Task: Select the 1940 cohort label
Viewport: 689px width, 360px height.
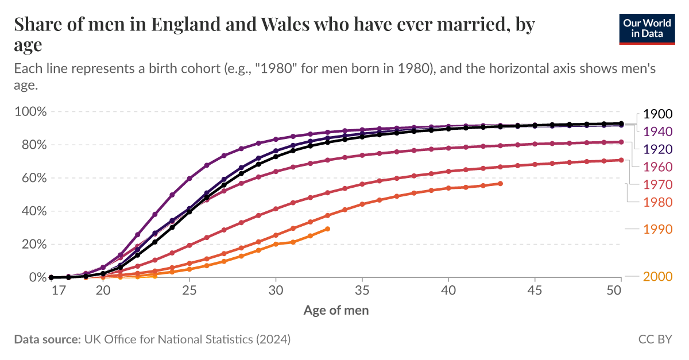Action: [x=657, y=131]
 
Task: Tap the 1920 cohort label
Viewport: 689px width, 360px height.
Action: [x=657, y=149]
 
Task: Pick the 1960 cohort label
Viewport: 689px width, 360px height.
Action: [x=657, y=167]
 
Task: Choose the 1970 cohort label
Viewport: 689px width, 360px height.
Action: [x=657, y=184]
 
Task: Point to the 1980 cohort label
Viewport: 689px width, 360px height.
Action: [x=657, y=202]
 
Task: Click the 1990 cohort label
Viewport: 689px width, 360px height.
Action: [x=657, y=229]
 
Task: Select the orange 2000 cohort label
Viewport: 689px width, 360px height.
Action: [x=657, y=277]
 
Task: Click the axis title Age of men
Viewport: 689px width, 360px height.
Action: [x=336, y=311]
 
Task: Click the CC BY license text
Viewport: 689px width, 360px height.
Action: [x=655, y=339]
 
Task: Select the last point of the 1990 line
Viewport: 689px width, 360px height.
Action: [x=328, y=229]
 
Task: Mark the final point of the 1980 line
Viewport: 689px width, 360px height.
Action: [x=501, y=184]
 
